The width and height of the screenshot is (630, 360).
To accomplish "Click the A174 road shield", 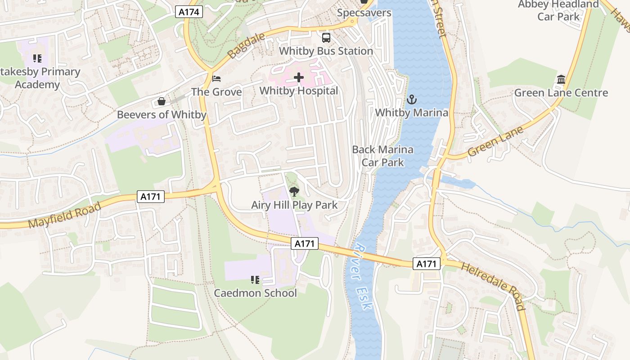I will click(x=189, y=12).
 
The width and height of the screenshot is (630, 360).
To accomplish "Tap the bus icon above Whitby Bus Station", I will click(x=326, y=38).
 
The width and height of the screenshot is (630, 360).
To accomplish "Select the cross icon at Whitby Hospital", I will click(x=299, y=77).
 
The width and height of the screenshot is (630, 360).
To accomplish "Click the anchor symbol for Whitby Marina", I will click(x=411, y=99).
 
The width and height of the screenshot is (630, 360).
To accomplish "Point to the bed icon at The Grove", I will click(x=216, y=79).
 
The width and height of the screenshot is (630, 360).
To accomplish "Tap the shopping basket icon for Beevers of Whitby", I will click(x=162, y=102).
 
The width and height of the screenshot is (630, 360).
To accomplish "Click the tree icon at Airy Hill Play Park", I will click(x=294, y=192).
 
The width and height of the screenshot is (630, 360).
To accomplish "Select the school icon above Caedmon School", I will click(x=255, y=280).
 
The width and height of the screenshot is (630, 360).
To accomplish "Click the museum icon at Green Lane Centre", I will click(x=561, y=80).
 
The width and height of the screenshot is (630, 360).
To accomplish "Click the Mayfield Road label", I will click(x=64, y=215).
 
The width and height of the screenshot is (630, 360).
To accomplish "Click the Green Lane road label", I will click(x=495, y=141).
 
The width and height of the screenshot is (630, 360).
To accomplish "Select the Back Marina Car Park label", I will click(x=382, y=156).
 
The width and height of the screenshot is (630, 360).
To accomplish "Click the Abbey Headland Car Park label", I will click(x=558, y=10).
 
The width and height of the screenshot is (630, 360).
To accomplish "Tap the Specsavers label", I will click(x=364, y=13).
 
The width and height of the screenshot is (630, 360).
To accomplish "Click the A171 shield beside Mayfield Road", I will click(x=151, y=197).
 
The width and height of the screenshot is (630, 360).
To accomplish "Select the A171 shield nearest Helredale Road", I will click(x=426, y=264).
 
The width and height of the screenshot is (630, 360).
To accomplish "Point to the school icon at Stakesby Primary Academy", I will click(x=37, y=58).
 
